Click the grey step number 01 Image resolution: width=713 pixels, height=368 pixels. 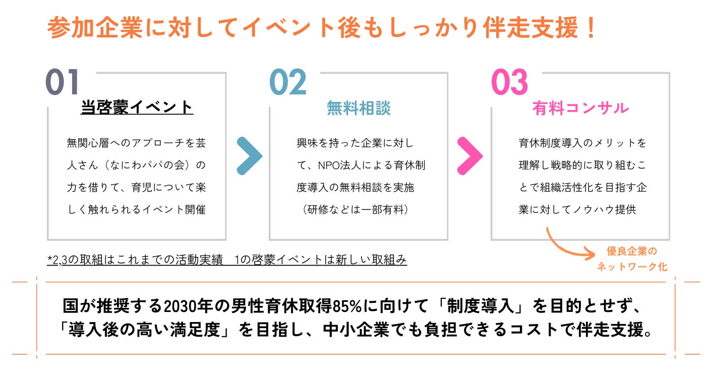[x=63, y=82]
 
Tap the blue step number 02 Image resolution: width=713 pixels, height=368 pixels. [x=287, y=82]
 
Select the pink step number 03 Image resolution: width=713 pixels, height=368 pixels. [x=509, y=82]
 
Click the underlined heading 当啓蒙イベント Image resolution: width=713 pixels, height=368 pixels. [x=137, y=108]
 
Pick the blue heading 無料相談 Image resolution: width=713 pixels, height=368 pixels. [x=359, y=108]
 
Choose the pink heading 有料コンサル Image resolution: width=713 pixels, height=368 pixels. [x=580, y=108]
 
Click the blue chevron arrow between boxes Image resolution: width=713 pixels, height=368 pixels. [x=249, y=155]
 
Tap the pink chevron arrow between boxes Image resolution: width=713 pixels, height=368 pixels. [x=470, y=155]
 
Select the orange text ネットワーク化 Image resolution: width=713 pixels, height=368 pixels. [x=632, y=267]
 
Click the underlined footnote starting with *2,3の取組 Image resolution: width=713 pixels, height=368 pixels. [x=227, y=260]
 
